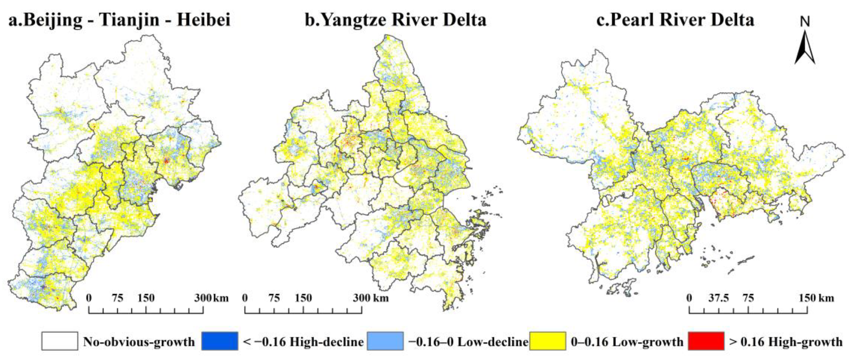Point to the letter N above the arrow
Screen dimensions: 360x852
(x=805, y=22)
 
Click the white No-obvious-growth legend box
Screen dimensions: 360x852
(x=60, y=341)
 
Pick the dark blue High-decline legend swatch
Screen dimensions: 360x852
(x=220, y=341)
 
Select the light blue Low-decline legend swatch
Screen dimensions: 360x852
(x=385, y=341)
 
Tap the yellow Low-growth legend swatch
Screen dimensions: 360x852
(x=547, y=341)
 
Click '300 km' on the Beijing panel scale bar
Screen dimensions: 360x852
(x=211, y=298)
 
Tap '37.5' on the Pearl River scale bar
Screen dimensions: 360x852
(x=719, y=298)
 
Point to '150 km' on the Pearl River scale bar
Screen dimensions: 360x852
(x=816, y=298)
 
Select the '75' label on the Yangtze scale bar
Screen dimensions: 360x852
(x=274, y=298)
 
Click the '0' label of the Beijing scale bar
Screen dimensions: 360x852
(x=89, y=298)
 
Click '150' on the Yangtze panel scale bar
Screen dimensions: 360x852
(x=303, y=298)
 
